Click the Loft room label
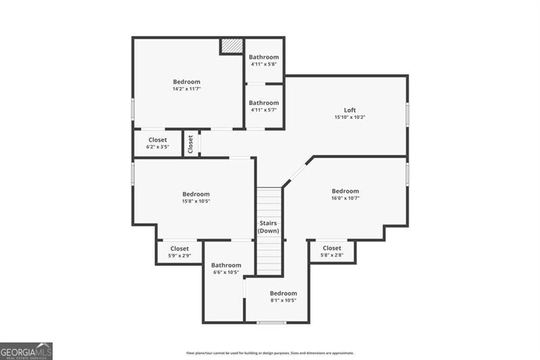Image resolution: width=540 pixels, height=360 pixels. (x=350, y=110)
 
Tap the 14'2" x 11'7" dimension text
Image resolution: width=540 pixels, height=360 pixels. (x=186, y=88)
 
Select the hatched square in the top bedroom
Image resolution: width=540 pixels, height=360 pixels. (x=232, y=46)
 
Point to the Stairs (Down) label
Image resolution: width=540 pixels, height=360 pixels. (x=269, y=227)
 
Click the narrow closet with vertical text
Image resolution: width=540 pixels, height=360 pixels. (x=190, y=143)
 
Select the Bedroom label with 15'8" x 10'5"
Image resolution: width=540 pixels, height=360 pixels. (x=196, y=194)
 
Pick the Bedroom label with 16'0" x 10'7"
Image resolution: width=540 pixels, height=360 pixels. (x=345, y=191)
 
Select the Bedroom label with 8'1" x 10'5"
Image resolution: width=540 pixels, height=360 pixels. (x=283, y=293)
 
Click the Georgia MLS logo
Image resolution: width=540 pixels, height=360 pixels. (x=26, y=351)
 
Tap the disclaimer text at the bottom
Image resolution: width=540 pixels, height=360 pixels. (x=270, y=353)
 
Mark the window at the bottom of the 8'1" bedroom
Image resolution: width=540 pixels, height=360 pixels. (x=271, y=322)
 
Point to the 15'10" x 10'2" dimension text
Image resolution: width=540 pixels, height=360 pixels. (x=350, y=118)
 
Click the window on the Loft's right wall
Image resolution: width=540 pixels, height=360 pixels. (x=407, y=115)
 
